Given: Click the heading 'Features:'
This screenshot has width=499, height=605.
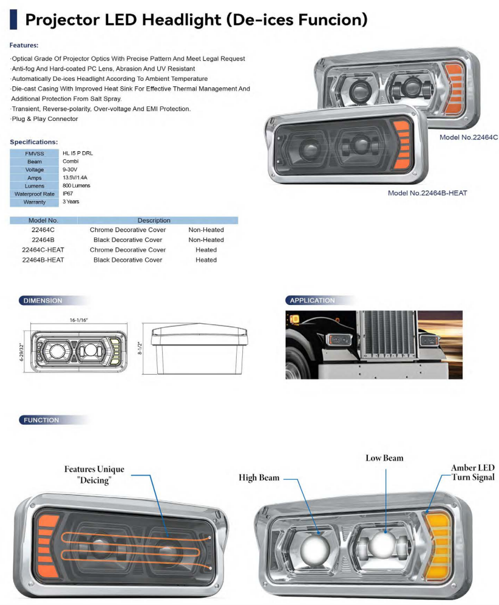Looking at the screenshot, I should coord(24,46).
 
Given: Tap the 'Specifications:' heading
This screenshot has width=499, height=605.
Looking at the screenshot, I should coord(34,142).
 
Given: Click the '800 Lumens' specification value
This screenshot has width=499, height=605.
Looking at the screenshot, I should coord(76,185).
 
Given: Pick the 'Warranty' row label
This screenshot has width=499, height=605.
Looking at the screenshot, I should coord(34,202).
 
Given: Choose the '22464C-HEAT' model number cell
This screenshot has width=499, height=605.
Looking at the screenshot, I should coord(43,250).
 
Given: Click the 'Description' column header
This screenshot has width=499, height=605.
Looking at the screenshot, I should coord(154,220).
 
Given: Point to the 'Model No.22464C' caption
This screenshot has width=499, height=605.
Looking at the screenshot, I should coord(469,137).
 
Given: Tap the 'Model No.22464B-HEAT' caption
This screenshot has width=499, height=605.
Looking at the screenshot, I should coord(427,193).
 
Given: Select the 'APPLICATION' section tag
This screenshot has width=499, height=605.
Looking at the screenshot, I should coord(312,301).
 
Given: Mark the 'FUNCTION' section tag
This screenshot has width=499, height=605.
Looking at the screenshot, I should coord(41,420).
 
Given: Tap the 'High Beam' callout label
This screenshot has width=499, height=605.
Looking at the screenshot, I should coord(259,478).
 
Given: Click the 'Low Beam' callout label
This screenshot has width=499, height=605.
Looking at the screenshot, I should coord(384,458).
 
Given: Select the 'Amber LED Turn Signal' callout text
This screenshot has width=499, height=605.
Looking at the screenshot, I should coord(472,473).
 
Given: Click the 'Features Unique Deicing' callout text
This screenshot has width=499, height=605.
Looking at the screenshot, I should coord(94,474).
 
